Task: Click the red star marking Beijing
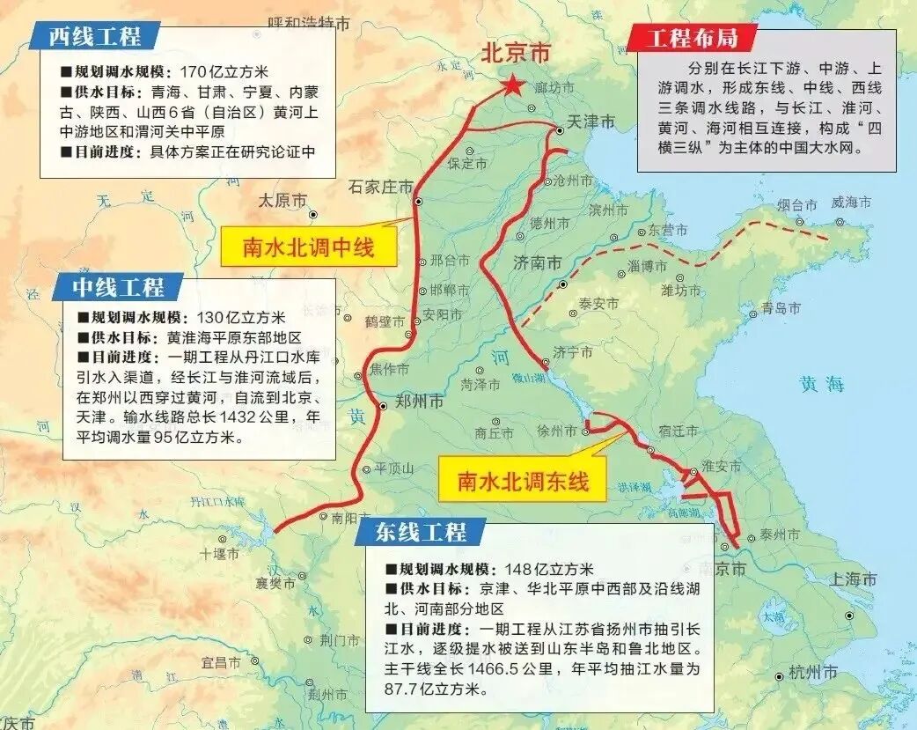[x=511, y=85]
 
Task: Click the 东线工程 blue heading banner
[x=420, y=532]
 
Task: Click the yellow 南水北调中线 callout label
[x=309, y=247]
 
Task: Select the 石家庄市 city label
[x=380, y=187]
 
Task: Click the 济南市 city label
[x=537, y=262]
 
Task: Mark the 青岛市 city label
[x=781, y=308]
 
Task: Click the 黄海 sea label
[x=822, y=384]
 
